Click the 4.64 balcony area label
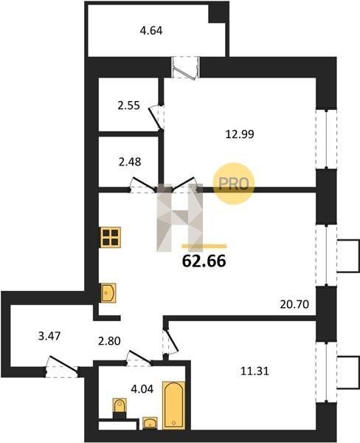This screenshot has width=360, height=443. coord(151,30)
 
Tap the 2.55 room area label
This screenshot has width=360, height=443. coord(129,106)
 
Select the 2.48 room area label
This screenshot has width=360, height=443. coord(130,162)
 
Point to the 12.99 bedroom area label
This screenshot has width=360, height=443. coord(240,134)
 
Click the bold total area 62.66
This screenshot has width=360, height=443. coord(204,261)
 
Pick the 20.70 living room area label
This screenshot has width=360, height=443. coord(294,304)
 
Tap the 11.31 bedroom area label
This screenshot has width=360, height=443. coord(255,371)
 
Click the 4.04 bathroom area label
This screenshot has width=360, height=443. coord(142,389)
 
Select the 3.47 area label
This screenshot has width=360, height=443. coord(49,336)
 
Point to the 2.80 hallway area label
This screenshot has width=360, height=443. coord(109,341)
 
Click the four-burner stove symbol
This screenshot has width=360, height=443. coord(111,237)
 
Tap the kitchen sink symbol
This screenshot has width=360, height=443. coord(108,293)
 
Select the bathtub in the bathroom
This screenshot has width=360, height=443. coord(173,405)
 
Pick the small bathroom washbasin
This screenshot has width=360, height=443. coord(150,423)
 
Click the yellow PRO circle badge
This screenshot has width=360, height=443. coord(234,184)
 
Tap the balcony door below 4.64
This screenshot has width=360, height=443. coord(185,67)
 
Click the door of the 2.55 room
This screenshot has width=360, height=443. coord(156,117)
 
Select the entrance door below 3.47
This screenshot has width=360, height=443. coord(62,366)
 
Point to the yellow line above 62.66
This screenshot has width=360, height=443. coord(204,246)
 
